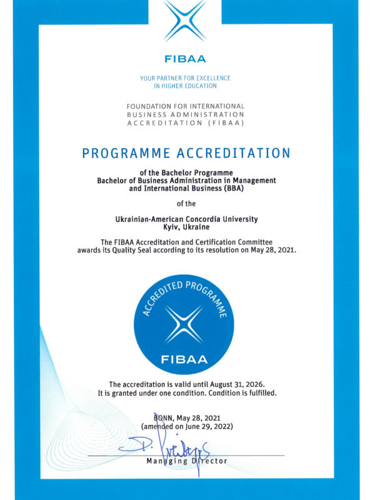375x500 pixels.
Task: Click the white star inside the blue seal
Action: click(x=185, y=323)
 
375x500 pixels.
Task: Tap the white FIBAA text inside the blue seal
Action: click(x=185, y=359)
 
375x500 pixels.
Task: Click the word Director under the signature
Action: click(x=209, y=461)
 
